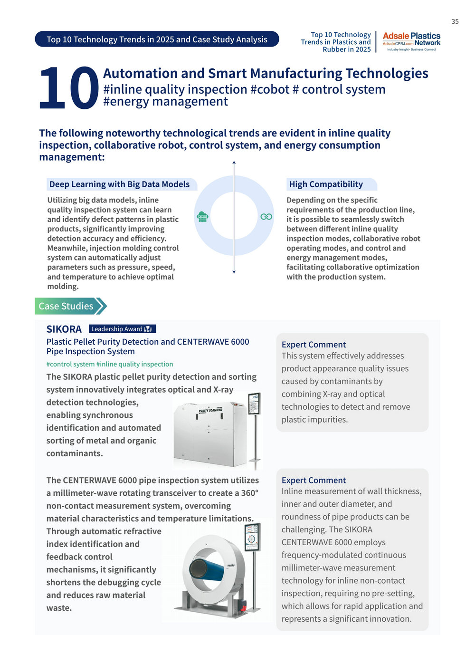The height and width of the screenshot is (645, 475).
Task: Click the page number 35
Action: pos(455,21)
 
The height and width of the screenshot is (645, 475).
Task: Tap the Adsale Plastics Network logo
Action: pos(411,42)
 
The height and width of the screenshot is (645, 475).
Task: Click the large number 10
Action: pos(68,88)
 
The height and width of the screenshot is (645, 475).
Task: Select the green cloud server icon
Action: pos(203,217)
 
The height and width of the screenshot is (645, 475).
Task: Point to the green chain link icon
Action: pos(266,217)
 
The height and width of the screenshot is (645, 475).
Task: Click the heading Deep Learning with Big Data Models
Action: pos(119,184)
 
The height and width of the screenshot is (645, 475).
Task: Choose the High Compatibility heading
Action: pos(326,184)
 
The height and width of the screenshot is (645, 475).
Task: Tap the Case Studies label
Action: pos(66,306)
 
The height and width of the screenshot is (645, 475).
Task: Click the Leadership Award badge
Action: pos(122,329)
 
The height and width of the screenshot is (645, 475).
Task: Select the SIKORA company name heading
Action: pos(64,329)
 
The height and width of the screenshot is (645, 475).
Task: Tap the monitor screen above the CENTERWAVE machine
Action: pos(252,538)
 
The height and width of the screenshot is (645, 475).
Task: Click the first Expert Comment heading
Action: pos(313,345)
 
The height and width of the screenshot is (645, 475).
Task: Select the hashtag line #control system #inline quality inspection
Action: pos(110,364)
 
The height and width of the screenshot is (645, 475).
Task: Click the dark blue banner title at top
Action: pos(157,39)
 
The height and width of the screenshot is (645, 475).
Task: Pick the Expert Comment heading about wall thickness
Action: pos(313,480)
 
